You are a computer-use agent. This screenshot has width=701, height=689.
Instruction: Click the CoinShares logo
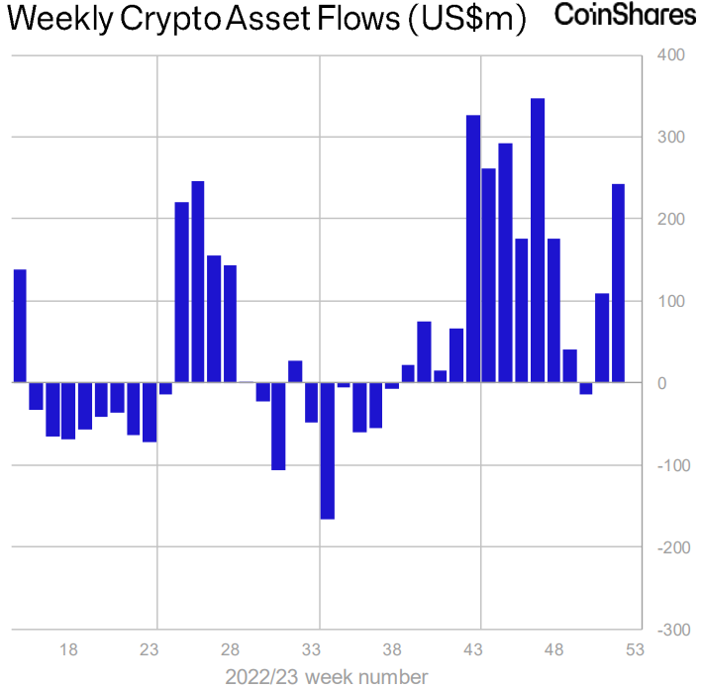pyautogui.click(x=625, y=16)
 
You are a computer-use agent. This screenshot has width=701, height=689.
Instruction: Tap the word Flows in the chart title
pyautogui.click(x=363, y=19)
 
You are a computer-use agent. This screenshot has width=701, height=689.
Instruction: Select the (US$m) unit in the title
pyautogui.click(x=466, y=19)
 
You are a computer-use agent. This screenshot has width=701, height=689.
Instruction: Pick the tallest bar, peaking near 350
pyautogui.click(x=538, y=241)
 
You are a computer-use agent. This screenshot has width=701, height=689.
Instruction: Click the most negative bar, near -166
pyautogui.click(x=327, y=450)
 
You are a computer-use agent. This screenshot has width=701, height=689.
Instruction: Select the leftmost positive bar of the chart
pyautogui.click(x=20, y=326)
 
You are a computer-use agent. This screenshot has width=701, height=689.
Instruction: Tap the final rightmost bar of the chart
pyautogui.click(x=619, y=283)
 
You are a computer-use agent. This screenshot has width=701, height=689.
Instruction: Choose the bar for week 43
pyautogui.click(x=473, y=248)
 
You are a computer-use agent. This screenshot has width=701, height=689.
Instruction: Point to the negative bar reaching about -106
pyautogui.click(x=278, y=426)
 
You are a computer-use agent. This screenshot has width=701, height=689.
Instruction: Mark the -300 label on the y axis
pyautogui.click(x=667, y=630)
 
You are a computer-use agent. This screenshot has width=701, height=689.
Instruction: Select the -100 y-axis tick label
pyautogui.click(x=667, y=465)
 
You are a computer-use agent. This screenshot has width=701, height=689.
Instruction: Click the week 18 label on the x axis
pyautogui.click(x=68, y=650)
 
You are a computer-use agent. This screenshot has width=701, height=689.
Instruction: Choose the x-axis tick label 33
pyautogui.click(x=311, y=650)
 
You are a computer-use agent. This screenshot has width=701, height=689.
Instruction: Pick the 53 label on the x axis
pyautogui.click(x=635, y=650)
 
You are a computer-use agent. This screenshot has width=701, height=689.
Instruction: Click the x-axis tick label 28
pyautogui.click(x=230, y=650)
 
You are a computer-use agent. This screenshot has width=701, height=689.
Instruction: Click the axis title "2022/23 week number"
pyautogui.click(x=327, y=677)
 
